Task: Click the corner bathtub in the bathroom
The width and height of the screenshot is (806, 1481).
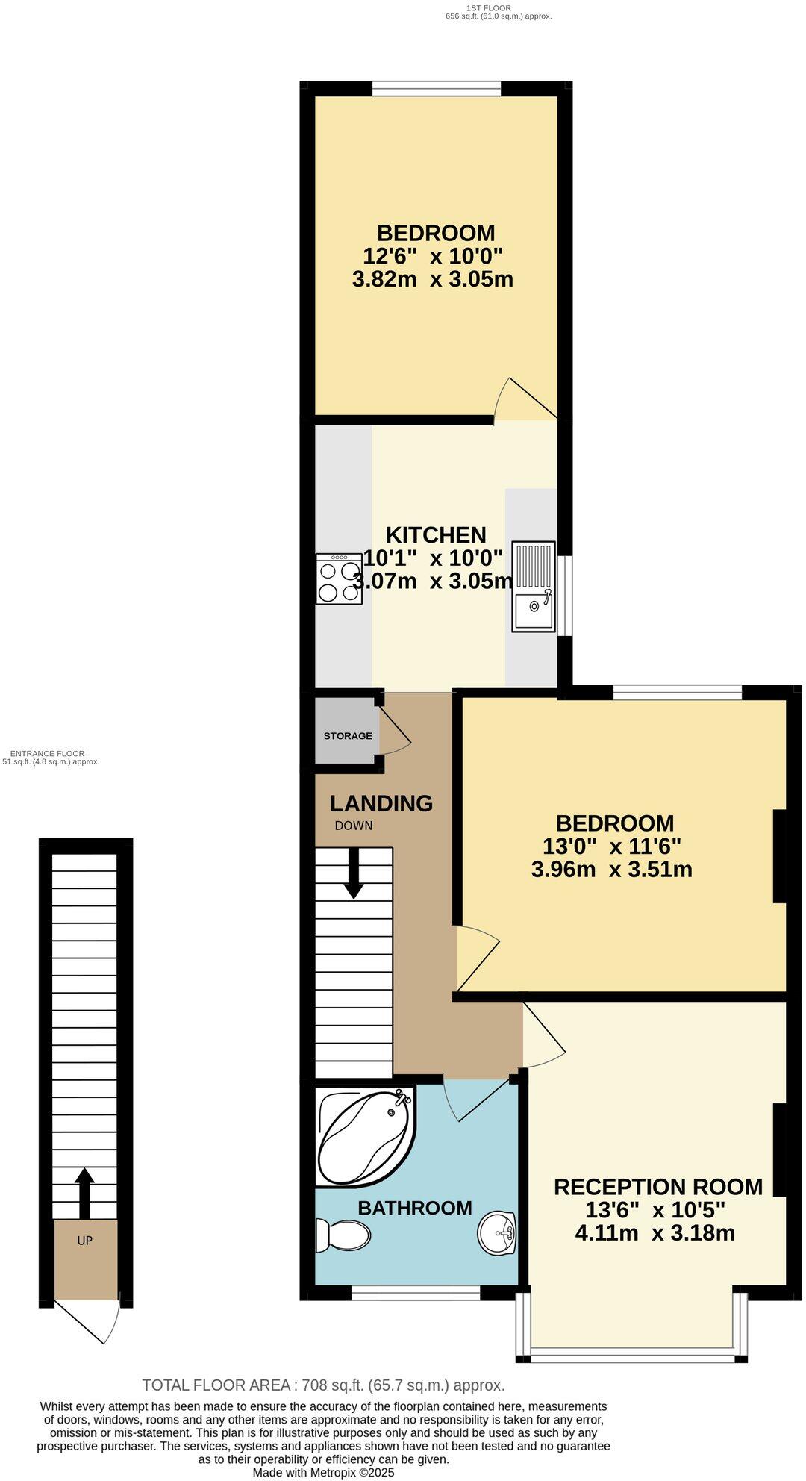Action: [363, 1136]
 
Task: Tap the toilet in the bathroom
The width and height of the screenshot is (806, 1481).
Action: [344, 1235]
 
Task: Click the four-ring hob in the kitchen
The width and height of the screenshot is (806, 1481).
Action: [339, 579]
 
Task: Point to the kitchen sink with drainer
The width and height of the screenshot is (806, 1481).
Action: [534, 587]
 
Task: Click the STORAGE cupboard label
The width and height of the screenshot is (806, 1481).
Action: [348, 736]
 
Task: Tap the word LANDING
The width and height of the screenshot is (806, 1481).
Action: [381, 803]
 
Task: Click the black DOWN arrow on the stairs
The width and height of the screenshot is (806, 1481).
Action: [354, 873]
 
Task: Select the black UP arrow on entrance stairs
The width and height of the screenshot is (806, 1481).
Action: [84, 1193]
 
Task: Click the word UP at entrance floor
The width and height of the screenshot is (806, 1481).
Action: [84, 1241]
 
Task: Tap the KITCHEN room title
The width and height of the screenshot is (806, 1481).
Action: [436, 534]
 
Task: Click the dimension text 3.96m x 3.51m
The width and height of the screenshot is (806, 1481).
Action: [611, 870]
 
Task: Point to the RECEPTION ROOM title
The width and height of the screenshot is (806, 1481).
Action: [657, 1187]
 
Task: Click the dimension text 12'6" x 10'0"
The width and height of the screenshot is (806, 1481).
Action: [433, 257]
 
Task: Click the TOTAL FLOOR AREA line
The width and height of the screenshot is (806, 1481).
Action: [323, 1385]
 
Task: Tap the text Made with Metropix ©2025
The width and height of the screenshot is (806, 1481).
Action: [323, 1473]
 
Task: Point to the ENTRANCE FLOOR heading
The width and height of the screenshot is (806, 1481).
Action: [48, 754]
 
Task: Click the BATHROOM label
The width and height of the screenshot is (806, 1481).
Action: [415, 1208]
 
